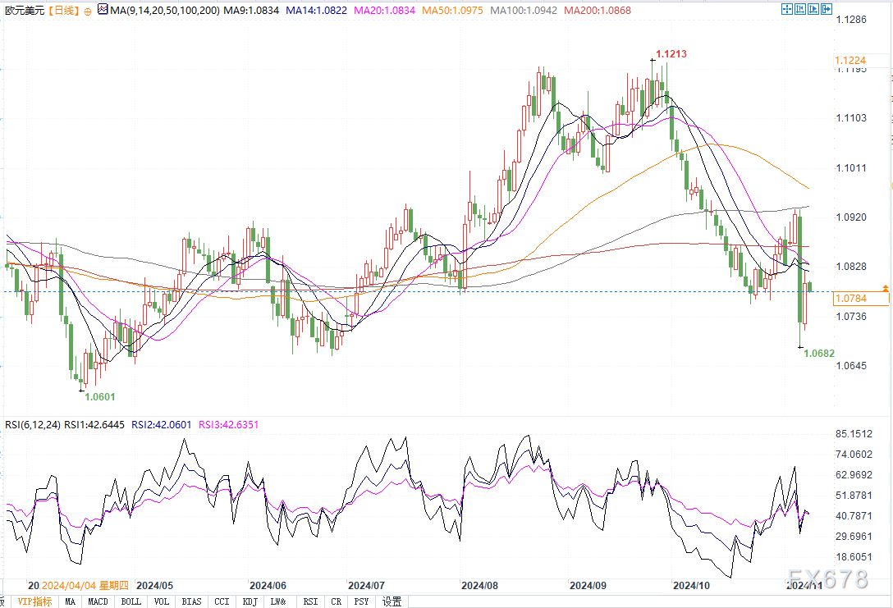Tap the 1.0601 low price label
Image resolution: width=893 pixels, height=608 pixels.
click(x=100, y=397)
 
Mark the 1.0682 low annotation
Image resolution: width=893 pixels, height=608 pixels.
click(x=819, y=353)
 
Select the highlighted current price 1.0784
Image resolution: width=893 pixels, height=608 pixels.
click(x=852, y=299)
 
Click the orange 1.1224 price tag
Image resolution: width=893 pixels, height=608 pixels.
click(x=852, y=61)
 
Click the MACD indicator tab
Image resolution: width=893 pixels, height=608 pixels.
click(x=98, y=601)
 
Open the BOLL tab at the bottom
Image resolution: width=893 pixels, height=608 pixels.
click(x=131, y=601)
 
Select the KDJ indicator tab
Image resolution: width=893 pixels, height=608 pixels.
click(x=249, y=601)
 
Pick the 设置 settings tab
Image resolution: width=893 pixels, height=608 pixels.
click(x=392, y=601)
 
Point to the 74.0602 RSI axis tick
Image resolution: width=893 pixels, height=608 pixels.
click(x=854, y=455)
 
